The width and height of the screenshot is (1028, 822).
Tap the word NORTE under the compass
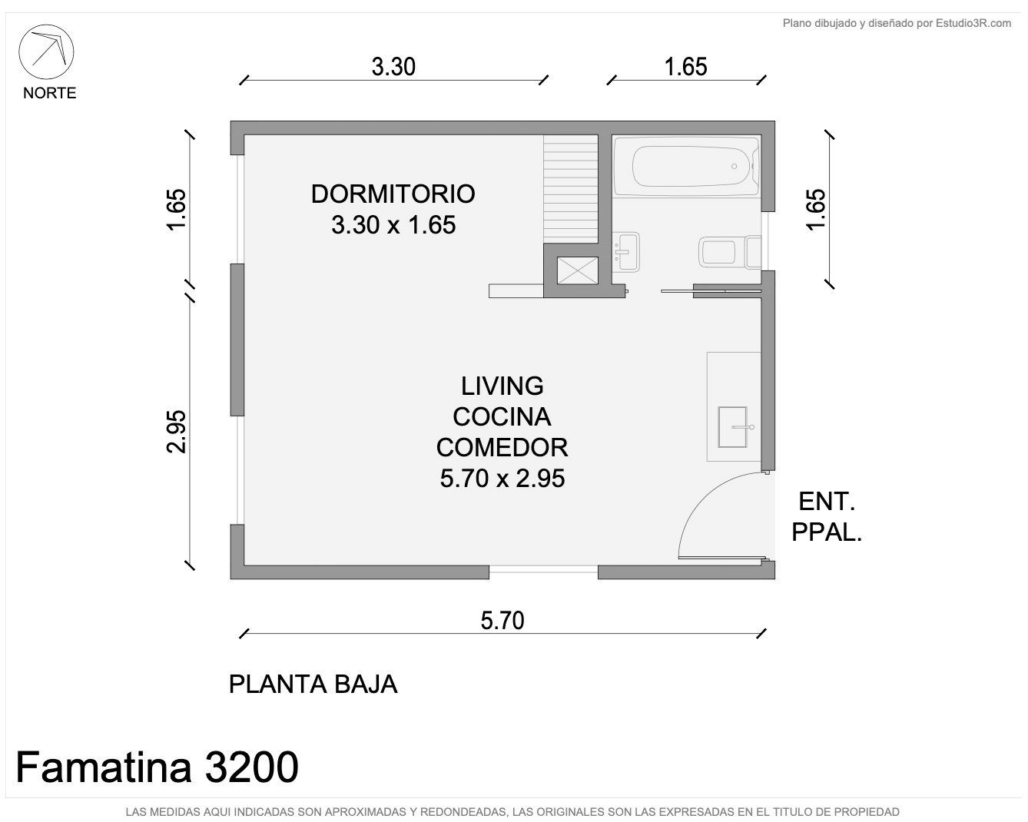(50, 93)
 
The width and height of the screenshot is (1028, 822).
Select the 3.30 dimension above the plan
(393, 66)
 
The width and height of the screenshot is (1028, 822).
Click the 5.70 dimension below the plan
(502, 621)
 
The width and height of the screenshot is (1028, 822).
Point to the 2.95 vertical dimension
(176, 431)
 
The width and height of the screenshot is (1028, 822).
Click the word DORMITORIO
(393, 194)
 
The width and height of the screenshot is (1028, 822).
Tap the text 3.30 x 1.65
(393, 224)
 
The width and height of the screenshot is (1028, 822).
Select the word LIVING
(502, 386)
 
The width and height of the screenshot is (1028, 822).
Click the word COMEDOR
(502, 448)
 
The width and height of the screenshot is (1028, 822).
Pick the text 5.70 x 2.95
(502, 478)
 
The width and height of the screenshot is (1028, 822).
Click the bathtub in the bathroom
(686, 166)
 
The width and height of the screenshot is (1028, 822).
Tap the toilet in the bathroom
(729, 252)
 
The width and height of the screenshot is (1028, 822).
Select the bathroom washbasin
(625, 252)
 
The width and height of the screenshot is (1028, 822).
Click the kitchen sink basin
(733, 427)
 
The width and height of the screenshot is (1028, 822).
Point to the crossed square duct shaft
(578, 270)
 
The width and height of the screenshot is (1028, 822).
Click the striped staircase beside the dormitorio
(570, 189)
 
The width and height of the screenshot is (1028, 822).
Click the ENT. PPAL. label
(827, 517)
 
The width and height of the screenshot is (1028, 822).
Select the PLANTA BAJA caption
(313, 684)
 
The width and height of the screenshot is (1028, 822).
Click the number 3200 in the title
(251, 767)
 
